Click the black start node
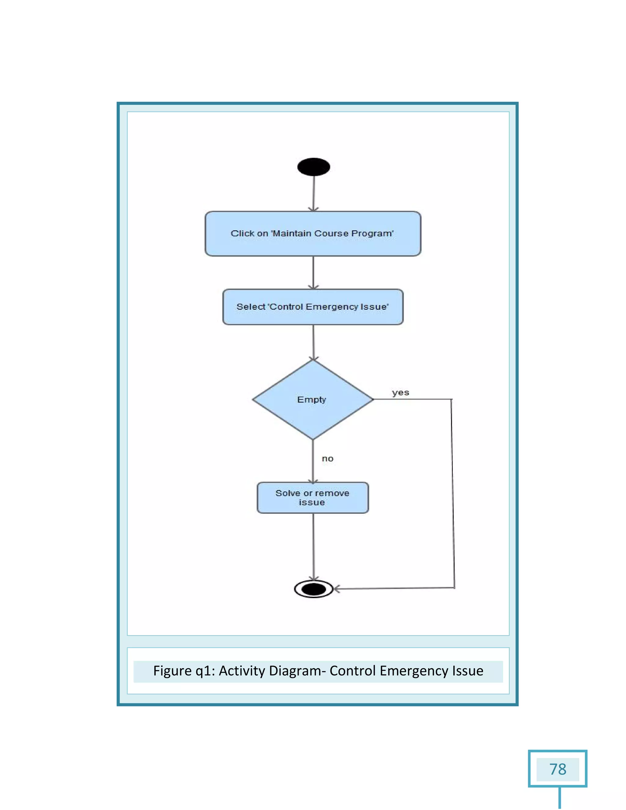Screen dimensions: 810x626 click(x=313, y=167)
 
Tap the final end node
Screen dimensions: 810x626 click(x=313, y=589)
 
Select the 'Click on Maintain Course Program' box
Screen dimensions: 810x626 click(x=313, y=234)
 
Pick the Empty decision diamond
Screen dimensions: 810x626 click(x=313, y=400)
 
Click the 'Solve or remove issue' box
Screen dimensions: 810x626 click(x=313, y=498)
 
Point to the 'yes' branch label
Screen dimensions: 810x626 click(x=400, y=393)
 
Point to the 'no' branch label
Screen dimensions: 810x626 click(x=327, y=459)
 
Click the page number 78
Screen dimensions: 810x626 click(x=558, y=769)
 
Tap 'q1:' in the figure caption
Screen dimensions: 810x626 click(x=205, y=671)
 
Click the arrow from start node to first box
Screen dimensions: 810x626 click(x=314, y=193)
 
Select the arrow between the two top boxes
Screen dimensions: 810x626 click(x=313, y=273)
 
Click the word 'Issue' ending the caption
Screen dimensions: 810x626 click(x=467, y=671)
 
